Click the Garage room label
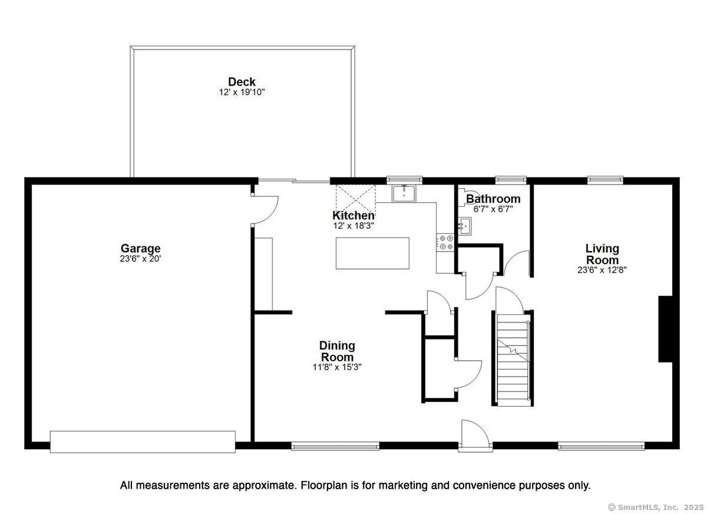[x=140, y=249]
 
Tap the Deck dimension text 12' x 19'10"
[x=243, y=93]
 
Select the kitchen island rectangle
[x=372, y=253]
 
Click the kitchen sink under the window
[x=405, y=193]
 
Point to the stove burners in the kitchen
[x=444, y=242]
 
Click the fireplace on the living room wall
[x=666, y=329]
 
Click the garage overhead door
[x=143, y=441]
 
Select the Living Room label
[x=602, y=254]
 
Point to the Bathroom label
[x=493, y=199]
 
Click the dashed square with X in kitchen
[x=355, y=199]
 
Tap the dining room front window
[x=335, y=446]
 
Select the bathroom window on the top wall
[x=510, y=179]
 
